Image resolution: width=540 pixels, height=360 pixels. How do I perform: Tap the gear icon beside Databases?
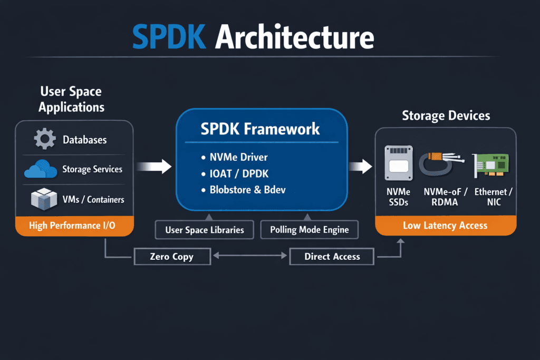click(x=44, y=139)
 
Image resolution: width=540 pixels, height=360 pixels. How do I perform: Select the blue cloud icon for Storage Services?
click(x=40, y=170)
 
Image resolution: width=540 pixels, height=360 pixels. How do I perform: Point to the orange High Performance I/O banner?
click(x=74, y=226)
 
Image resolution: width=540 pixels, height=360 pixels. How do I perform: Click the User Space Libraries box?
click(x=204, y=230)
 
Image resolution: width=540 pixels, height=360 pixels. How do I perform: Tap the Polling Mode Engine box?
click(x=309, y=230)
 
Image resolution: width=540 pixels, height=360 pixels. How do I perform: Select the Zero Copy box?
click(x=171, y=257)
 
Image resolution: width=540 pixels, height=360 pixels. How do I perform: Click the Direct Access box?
click(x=332, y=257)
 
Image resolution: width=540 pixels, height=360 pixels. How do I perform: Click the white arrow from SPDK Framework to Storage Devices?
click(x=361, y=167)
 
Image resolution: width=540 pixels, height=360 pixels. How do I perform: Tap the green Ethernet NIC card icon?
click(x=490, y=165)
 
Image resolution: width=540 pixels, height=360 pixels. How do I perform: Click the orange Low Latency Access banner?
click(x=445, y=226)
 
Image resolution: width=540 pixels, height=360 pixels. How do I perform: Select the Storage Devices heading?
click(x=446, y=115)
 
